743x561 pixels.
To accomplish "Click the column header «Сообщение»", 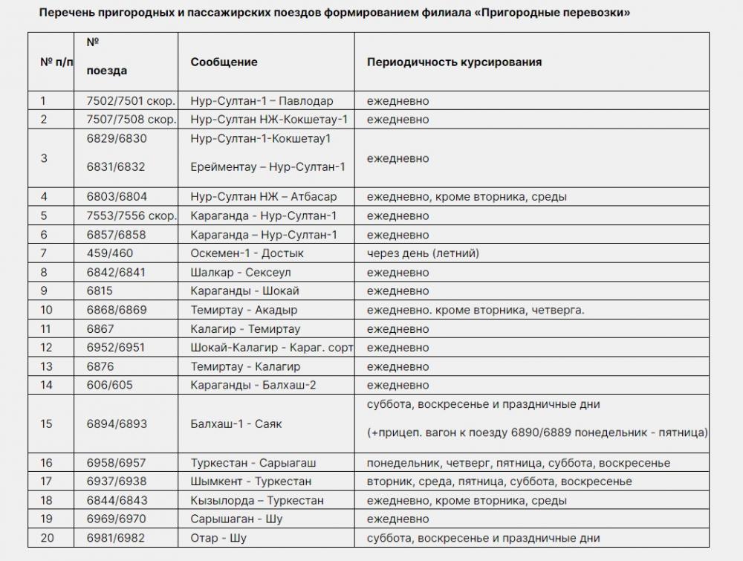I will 224,62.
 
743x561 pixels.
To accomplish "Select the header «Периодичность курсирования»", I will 454,62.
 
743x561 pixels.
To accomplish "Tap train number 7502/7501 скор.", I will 131,101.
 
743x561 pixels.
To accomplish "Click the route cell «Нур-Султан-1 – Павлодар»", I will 262,101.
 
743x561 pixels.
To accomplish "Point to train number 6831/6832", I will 116,167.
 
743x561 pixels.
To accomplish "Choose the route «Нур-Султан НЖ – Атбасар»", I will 263,197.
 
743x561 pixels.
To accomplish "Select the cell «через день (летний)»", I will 423,253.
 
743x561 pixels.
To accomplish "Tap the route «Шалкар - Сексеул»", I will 241,272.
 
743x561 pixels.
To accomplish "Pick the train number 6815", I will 100,291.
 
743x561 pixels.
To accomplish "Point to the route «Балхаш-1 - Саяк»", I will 236,424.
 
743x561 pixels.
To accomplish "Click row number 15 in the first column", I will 47,424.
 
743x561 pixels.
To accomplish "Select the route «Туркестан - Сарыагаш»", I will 250,462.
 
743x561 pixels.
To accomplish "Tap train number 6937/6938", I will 117,481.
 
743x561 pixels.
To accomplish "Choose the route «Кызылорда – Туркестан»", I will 256,500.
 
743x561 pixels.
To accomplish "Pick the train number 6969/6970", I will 117,519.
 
